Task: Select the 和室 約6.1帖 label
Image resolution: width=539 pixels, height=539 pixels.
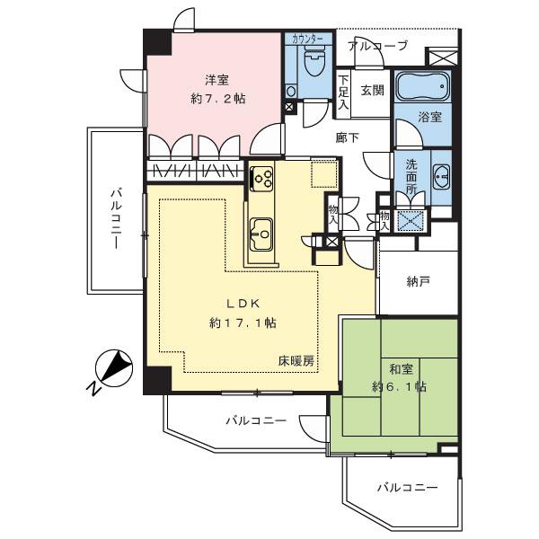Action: (402, 377)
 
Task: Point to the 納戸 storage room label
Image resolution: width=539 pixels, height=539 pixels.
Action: (418, 281)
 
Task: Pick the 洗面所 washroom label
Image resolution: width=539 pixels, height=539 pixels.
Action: (411, 178)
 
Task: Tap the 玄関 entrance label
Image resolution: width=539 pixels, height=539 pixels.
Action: (372, 90)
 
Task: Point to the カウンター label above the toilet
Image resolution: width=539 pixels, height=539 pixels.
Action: (309, 40)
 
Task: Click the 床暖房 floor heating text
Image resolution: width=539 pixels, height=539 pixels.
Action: (296, 361)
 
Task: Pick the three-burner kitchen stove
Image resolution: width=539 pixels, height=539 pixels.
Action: (261, 179)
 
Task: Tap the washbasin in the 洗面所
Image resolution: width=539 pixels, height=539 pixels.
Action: (441, 175)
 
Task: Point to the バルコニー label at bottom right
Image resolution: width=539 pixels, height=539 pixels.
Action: (407, 488)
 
